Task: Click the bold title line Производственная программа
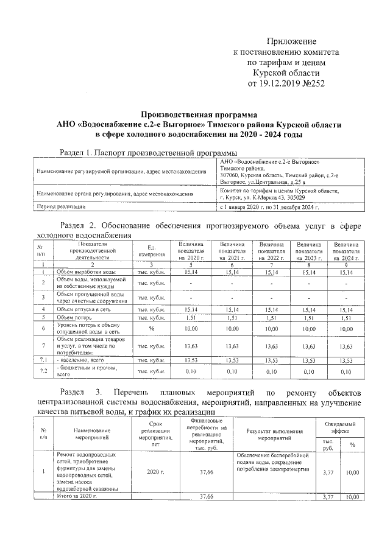pyautogui.click(x=199, y=114)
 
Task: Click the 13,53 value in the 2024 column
pyautogui.click(x=346, y=360)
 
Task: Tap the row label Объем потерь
pyautogui.click(x=74, y=317)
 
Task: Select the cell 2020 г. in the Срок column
pyautogui.click(x=157, y=472)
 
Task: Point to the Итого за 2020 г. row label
pyautogui.click(x=77, y=497)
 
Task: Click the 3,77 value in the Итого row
pyautogui.click(x=328, y=497)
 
